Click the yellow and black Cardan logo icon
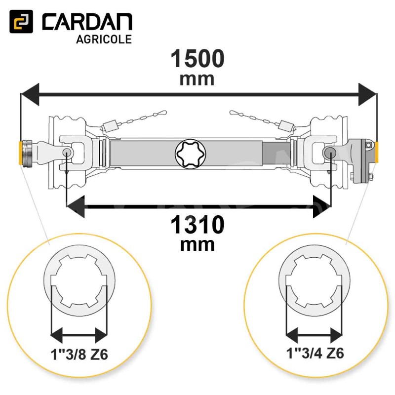click(x=21, y=21)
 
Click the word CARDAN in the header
click(x=87, y=22)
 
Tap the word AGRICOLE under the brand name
click(x=104, y=39)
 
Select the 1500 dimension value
click(x=197, y=58)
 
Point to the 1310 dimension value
click(x=197, y=225)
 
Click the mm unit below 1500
click(x=197, y=79)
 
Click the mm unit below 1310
click(x=197, y=245)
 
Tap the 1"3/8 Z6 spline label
click(x=79, y=354)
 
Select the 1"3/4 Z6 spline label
click(x=315, y=353)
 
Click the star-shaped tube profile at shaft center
click(x=191, y=154)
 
